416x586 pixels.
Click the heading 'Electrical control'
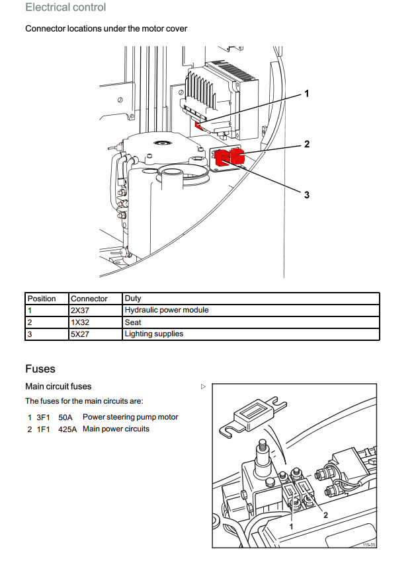click(65, 7)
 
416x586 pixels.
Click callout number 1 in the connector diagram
click(307, 93)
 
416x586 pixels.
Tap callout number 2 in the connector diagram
click(307, 144)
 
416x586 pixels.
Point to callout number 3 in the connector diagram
click(307, 195)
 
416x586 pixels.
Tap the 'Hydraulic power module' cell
click(167, 310)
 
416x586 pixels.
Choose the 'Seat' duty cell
click(133, 322)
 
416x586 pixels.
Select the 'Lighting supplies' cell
click(153, 334)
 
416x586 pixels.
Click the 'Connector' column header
click(89, 299)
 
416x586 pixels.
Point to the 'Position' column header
click(42, 299)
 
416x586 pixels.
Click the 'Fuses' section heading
click(40, 369)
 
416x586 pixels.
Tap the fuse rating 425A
click(67, 429)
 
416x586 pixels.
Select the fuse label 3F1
click(43, 417)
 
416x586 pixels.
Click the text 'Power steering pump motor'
click(130, 417)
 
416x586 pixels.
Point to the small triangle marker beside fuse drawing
click(203, 386)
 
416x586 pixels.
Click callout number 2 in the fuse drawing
click(325, 515)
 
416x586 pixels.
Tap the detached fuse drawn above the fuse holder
click(253, 417)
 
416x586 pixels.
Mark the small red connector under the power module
click(198, 126)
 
